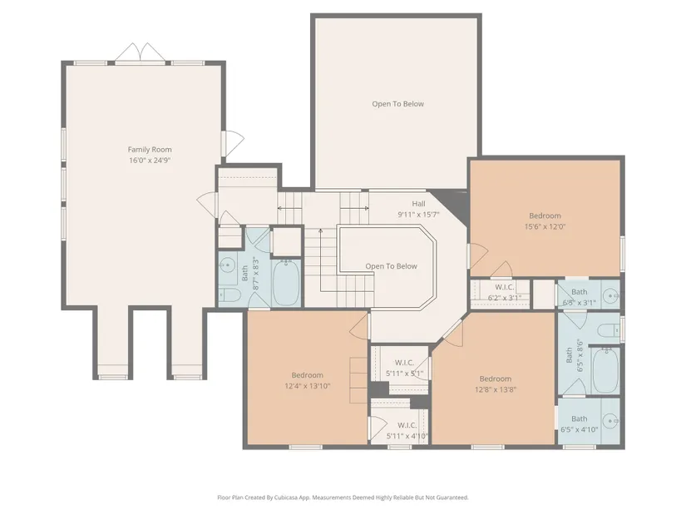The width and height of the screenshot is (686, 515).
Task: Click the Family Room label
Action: (x=150, y=149)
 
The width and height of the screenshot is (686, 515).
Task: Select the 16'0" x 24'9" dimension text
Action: (x=150, y=161)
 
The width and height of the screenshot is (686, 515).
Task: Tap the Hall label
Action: (x=418, y=204)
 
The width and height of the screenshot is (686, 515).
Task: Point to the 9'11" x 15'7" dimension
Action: (x=418, y=215)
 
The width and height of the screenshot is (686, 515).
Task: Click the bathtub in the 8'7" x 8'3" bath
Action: (x=287, y=283)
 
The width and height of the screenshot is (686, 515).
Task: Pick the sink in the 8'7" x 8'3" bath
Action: (x=227, y=265)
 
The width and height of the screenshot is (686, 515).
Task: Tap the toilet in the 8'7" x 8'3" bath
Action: (x=229, y=295)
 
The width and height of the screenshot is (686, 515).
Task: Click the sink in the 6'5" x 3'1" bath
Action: (x=610, y=296)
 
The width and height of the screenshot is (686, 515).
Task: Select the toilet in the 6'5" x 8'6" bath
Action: (x=610, y=329)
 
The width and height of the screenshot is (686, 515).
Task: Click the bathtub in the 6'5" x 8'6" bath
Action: (x=605, y=370)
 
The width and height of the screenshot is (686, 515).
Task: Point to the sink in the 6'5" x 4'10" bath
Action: (x=610, y=421)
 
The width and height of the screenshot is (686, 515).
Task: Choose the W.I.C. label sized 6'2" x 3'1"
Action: (x=505, y=287)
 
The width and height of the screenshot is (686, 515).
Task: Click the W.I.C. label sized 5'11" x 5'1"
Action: (x=404, y=363)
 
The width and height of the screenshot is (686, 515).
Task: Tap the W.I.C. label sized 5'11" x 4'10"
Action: (x=407, y=425)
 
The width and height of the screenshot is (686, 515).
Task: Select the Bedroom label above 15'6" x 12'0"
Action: (x=545, y=215)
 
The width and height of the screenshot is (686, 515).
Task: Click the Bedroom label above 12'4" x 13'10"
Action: (x=307, y=375)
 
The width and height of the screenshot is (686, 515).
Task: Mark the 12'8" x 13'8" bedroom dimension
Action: (x=496, y=389)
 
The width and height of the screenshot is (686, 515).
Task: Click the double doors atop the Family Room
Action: (x=141, y=53)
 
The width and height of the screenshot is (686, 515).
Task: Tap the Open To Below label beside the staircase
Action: (x=391, y=266)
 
